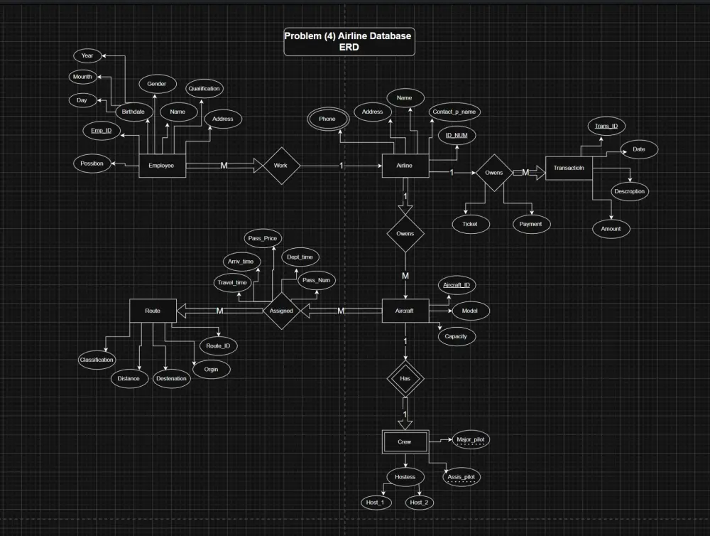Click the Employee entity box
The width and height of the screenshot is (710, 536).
161,166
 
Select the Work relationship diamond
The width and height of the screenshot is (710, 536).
282,166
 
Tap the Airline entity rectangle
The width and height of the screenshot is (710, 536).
405,166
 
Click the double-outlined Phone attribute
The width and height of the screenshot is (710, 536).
327,119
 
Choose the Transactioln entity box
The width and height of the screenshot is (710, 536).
568,168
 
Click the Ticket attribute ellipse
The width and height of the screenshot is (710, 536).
470,224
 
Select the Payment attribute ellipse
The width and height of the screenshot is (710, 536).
530,224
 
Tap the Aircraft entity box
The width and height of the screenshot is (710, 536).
405,311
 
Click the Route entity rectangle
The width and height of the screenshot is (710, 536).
152,311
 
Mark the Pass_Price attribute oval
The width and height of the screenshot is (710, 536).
261,239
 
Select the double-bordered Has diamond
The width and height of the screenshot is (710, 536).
405,379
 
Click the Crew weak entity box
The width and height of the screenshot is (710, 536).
405,442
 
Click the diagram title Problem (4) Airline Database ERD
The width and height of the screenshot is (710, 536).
348,41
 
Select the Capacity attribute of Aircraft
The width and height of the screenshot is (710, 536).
456,336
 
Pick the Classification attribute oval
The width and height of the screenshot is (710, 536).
96,360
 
